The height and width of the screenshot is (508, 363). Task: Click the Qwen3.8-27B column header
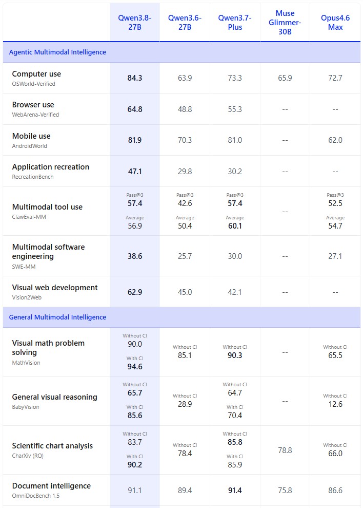click(x=135, y=23)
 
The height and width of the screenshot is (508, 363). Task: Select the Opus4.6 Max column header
click(x=335, y=23)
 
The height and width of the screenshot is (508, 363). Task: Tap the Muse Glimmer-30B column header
click(x=285, y=23)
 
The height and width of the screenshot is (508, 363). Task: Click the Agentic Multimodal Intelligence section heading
click(x=57, y=52)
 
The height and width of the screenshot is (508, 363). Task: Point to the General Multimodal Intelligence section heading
click(x=57, y=317)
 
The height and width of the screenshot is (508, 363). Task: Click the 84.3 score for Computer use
click(x=135, y=78)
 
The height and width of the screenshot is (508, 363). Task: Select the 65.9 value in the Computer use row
click(x=285, y=78)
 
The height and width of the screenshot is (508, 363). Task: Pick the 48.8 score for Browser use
click(x=185, y=109)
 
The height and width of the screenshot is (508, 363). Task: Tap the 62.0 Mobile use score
click(x=335, y=140)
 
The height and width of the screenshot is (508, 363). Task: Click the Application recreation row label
click(x=50, y=167)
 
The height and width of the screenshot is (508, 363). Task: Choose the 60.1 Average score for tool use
click(x=235, y=226)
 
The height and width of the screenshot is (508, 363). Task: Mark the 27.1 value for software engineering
click(x=335, y=256)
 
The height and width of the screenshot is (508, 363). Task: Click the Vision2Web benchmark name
click(x=27, y=297)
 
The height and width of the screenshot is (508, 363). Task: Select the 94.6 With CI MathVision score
click(x=135, y=366)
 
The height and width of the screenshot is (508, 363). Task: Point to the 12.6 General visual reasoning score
click(x=335, y=404)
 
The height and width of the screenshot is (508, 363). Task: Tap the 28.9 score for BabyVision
click(x=185, y=404)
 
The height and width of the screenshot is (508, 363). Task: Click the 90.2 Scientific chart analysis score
click(x=135, y=464)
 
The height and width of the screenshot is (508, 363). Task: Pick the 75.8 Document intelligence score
click(x=285, y=491)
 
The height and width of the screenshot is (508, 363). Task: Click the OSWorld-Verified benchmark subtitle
click(x=34, y=84)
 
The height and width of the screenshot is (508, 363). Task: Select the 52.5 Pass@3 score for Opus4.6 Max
click(x=335, y=203)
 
